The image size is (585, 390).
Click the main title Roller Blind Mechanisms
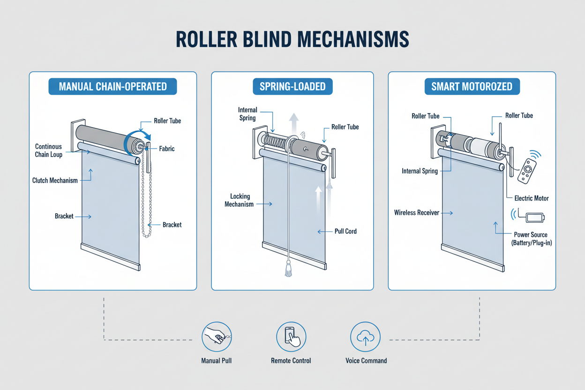pos(292,40)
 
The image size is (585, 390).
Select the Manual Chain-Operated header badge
pos(113,87)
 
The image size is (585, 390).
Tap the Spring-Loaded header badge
pos(292,87)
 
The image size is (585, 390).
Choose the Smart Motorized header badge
pos(472,87)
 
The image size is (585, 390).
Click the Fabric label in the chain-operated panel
pos(166,149)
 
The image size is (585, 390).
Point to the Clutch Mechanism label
pos(55,180)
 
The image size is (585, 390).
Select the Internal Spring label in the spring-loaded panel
pos(247,114)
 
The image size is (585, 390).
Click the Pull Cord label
pos(345,231)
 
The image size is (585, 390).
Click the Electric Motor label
pos(532,198)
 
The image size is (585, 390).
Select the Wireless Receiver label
pos(417,213)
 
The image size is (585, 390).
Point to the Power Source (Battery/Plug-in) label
pos(531,238)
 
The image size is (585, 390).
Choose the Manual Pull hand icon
pos(217,337)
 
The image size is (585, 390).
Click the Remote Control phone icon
pos(291,337)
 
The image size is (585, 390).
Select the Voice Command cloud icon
pos(366,337)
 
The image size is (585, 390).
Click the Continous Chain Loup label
pos(48,150)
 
